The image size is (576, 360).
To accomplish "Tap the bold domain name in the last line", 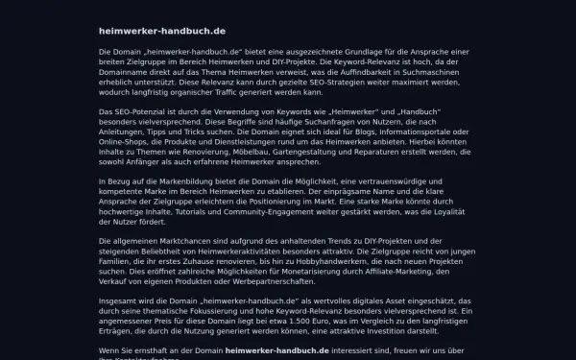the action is [x=276, y=350].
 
